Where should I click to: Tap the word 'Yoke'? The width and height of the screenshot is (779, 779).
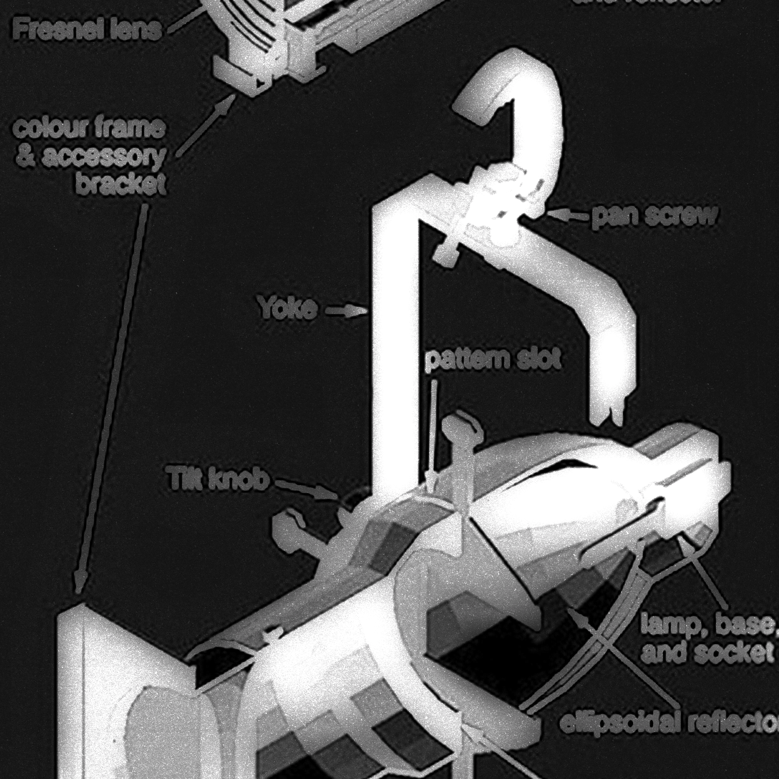coord(287,309)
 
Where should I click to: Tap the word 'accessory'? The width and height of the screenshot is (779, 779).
coord(103,157)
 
